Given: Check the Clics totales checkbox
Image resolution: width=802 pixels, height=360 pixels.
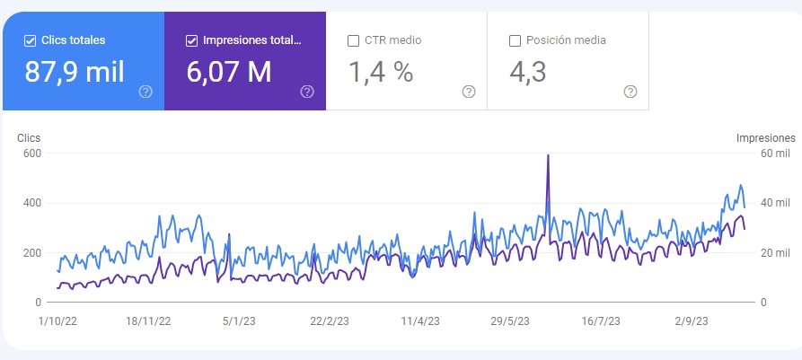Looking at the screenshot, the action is (30, 41).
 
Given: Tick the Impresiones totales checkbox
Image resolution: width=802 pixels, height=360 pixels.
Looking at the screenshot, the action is (191, 41).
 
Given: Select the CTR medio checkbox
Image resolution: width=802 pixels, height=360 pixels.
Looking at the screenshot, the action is (353, 41).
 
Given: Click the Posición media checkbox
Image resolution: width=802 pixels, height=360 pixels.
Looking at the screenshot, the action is (516, 41).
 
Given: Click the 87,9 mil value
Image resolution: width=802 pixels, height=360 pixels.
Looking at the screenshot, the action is (75, 72).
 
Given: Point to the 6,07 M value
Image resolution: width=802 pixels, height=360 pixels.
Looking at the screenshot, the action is (229, 72).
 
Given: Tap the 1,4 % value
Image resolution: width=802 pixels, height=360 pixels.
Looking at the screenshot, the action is (381, 72).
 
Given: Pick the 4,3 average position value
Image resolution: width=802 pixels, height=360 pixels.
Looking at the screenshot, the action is (528, 72).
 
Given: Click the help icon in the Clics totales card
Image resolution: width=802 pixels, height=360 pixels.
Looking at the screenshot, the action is (145, 92).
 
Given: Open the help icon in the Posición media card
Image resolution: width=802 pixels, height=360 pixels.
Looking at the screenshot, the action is (630, 92).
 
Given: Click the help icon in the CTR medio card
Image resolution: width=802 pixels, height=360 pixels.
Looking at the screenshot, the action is (469, 92).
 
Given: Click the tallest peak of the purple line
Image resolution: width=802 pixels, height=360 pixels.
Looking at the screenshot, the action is (549, 155).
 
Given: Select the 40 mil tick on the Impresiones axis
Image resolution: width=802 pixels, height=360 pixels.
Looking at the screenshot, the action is (775, 203).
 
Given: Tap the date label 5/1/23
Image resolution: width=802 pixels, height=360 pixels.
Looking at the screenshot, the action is (238, 321).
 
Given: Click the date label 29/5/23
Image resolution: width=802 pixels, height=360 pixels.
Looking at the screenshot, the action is (510, 321).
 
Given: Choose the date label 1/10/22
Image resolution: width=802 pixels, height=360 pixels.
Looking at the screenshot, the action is (57, 321).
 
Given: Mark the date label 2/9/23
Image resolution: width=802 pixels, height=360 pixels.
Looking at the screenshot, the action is (691, 321).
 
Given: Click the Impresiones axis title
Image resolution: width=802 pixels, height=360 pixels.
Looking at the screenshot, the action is (766, 138).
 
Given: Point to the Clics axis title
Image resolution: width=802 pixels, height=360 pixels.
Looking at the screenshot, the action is (29, 138).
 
